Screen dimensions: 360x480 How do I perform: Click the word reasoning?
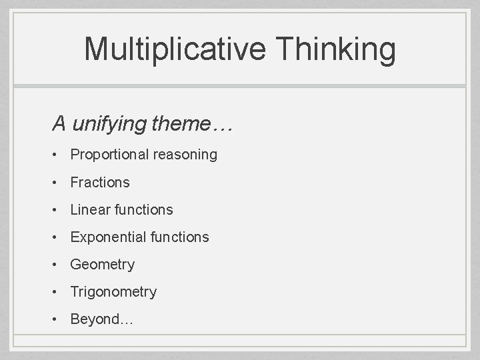point(184,155)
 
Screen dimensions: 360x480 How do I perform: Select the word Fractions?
point(100,182)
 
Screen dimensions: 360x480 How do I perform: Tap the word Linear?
point(90,209)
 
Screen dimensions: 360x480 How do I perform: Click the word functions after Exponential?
point(179,237)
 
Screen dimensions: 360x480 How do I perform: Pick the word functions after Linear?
point(143,209)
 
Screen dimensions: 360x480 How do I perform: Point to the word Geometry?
point(102,265)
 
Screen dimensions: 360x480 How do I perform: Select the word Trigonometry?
point(113,292)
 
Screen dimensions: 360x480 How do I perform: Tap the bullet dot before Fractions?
point(58,182)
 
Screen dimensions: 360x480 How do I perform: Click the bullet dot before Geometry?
point(58,265)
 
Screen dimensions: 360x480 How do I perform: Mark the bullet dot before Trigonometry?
point(58,292)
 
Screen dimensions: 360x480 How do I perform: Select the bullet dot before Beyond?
point(58,319)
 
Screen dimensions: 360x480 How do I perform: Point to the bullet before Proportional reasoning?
point(58,155)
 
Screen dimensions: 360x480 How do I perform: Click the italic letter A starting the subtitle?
point(59,124)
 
